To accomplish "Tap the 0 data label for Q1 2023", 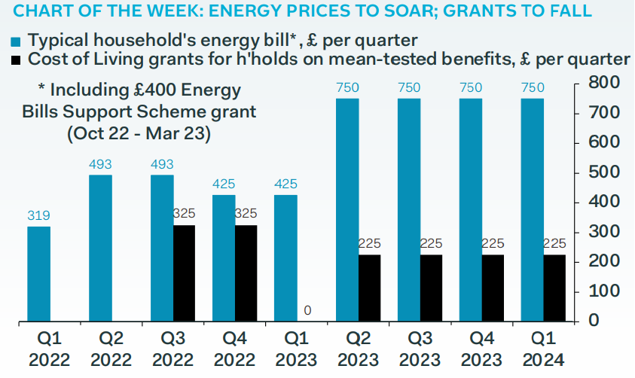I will click(307, 310).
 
